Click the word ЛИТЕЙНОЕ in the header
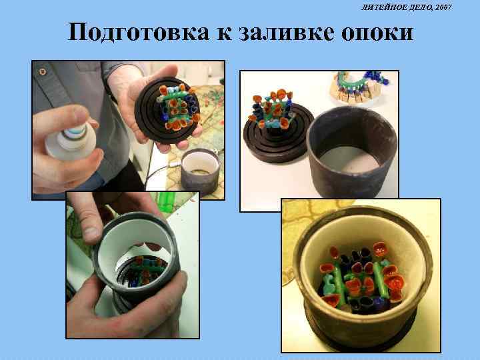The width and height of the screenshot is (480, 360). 383,7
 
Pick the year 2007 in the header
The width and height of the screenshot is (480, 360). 443,7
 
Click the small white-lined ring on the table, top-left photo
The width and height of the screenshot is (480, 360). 200,170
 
